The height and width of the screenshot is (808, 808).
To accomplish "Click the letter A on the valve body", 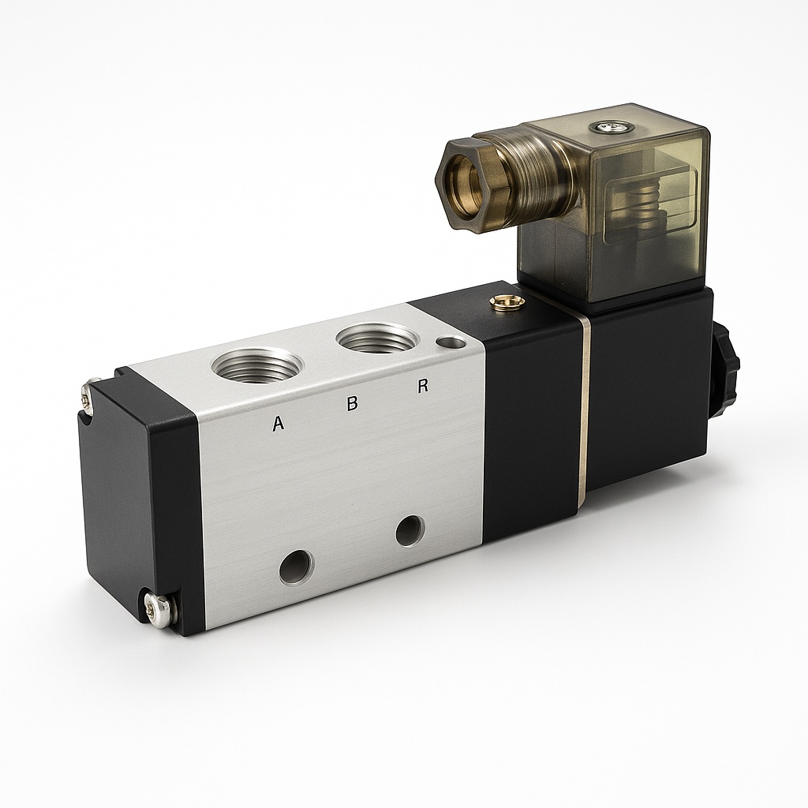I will click(x=278, y=424).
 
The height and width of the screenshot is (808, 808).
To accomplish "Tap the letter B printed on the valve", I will click(x=353, y=403).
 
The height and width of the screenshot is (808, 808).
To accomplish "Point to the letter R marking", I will click(x=423, y=387).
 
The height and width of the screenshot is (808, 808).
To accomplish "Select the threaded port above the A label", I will click(x=256, y=365).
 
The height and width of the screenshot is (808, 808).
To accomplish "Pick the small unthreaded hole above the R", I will click(x=451, y=342).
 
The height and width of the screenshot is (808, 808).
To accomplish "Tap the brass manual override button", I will click(x=507, y=301).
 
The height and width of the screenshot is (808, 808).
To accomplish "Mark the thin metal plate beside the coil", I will click(x=585, y=410).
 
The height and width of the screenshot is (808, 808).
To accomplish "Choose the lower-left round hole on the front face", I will click(x=296, y=567).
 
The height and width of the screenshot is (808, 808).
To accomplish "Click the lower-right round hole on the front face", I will click(x=410, y=530).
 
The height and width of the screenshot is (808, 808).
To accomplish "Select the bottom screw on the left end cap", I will click(x=158, y=609).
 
